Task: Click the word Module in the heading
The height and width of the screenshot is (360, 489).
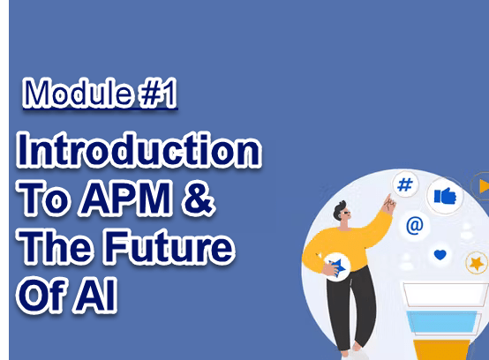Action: coord(78,93)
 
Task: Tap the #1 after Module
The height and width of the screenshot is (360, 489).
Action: coord(159,93)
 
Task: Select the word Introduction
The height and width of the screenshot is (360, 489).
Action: coord(139,150)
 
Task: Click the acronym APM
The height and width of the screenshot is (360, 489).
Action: coord(125,199)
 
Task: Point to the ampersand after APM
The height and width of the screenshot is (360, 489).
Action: coord(199,199)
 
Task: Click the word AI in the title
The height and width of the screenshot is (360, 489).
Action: coord(95,295)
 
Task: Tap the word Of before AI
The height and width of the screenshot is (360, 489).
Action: coord(42,294)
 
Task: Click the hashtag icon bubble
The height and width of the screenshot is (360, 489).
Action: coord(405,184)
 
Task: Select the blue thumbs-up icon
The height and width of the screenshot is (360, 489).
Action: coord(445,196)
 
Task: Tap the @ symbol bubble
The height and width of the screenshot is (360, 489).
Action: coord(415,225)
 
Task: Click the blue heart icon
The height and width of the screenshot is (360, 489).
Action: coord(440,255)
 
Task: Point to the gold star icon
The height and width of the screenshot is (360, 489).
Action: coord(477,263)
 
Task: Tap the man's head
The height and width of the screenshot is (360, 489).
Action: coord(342,212)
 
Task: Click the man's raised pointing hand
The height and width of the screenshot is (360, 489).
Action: coord(389,204)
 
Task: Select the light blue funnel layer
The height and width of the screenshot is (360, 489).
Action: coord(442,322)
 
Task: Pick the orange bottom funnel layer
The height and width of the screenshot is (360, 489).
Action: coord(442,349)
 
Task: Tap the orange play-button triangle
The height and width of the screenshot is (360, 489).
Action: coord(485,186)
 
